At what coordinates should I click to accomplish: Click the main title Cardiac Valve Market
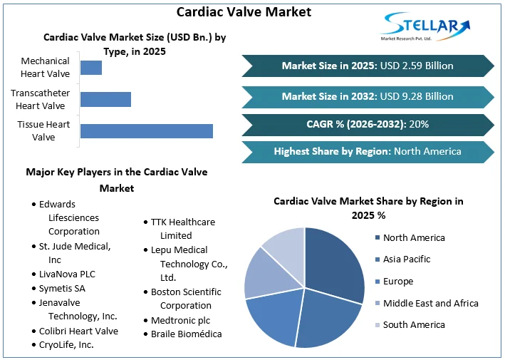tap(234, 12)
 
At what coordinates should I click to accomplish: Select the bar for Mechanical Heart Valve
tap(91, 68)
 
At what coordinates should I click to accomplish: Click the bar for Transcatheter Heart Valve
tap(105, 99)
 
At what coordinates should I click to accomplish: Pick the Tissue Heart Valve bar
tap(146, 130)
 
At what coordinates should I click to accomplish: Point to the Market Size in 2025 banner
tap(368, 66)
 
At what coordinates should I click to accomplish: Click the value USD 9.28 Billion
tap(417, 96)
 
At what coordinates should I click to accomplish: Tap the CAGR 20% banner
tap(368, 124)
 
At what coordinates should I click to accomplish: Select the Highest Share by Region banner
tap(368, 151)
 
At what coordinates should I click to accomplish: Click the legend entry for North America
tap(413, 237)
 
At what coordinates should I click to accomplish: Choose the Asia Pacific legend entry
tap(406, 259)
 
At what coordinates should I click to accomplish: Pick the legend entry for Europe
tap(397, 281)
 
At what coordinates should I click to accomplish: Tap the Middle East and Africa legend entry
tap(430, 303)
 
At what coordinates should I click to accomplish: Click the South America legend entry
tap(413, 324)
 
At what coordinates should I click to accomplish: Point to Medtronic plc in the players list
tap(180, 320)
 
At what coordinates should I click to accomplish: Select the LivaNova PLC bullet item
tap(67, 274)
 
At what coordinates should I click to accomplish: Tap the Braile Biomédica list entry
tap(186, 334)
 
